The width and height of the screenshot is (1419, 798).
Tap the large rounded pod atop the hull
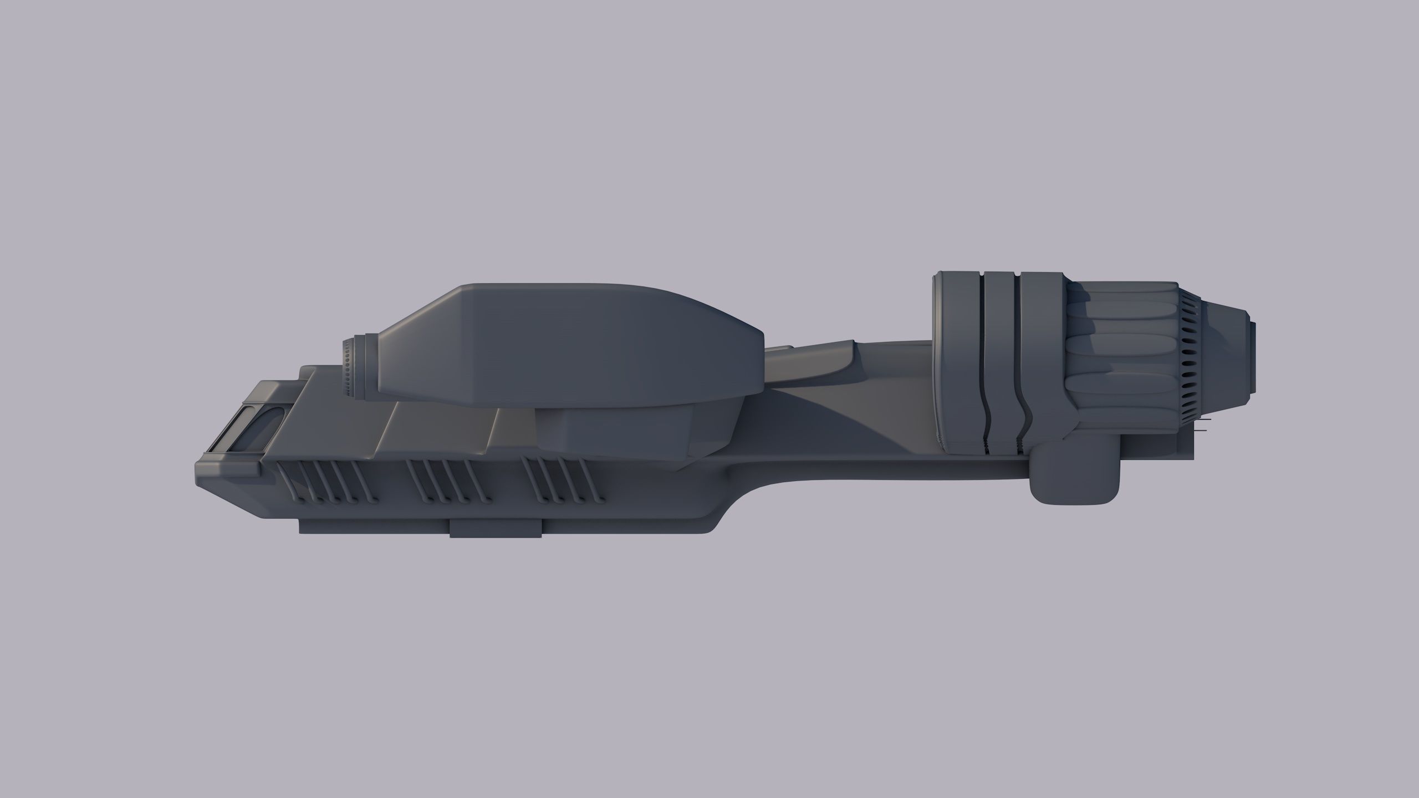pos(560,344)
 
